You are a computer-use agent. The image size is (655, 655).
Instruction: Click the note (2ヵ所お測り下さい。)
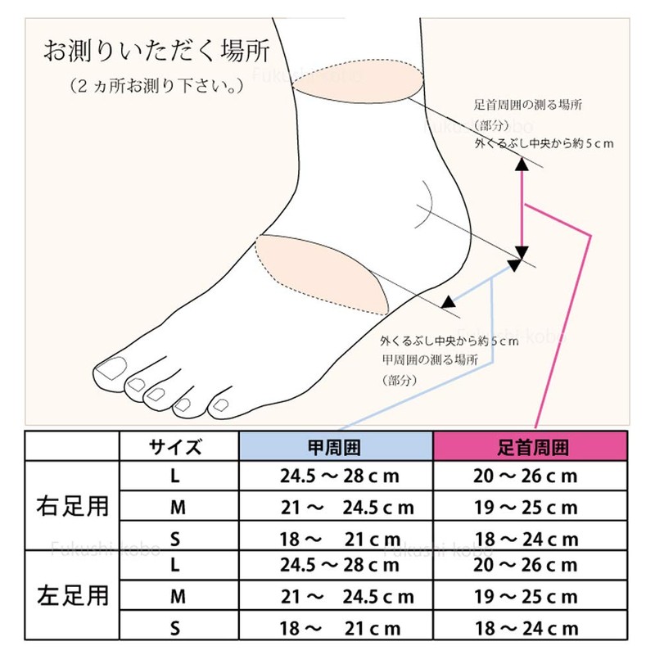(x=156, y=84)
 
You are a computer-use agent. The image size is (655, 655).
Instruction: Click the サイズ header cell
(x=175, y=447)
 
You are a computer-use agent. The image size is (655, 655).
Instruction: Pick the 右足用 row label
(x=75, y=504)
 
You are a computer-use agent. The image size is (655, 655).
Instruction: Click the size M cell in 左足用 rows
(x=175, y=597)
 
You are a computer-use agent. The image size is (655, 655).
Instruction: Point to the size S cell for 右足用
(x=175, y=539)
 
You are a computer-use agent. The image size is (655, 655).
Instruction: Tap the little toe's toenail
(x=219, y=404)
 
